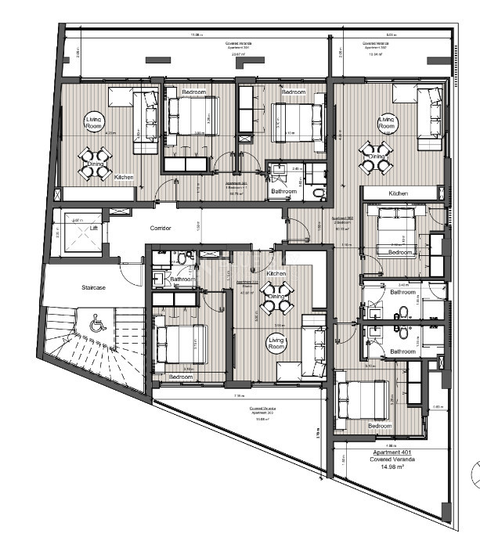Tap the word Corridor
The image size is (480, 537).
tap(161, 228)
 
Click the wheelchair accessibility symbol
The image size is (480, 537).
tap(97, 322)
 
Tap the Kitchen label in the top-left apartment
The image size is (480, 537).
tap(124, 178)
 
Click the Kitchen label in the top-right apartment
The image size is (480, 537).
tap(399, 193)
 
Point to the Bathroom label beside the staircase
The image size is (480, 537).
tap(182, 279)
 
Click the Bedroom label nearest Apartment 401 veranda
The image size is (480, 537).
tap(380, 425)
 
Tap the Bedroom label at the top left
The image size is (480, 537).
tap(193, 92)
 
